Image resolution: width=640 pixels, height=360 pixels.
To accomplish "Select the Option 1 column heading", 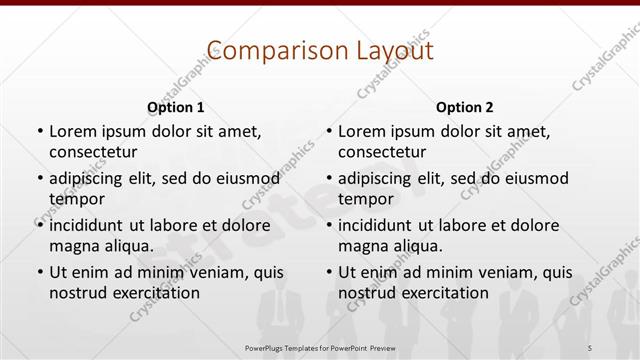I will tap(176, 106).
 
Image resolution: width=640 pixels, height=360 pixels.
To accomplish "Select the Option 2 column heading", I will tap(465, 106).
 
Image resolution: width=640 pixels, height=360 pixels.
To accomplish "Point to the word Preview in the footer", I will tap(380, 346).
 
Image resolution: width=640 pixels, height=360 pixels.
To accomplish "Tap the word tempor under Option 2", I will tap(367, 198).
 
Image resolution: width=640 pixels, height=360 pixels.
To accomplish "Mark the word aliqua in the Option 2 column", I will tap(409, 245).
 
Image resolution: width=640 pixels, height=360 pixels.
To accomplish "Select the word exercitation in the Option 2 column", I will tap(443, 293).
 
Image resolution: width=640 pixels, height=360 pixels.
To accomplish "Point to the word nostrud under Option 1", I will tap(78, 293).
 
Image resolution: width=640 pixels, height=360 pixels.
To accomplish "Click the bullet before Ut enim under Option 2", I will tap(329, 272).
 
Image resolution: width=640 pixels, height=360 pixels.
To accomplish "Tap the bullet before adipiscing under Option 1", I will tap(39, 178).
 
